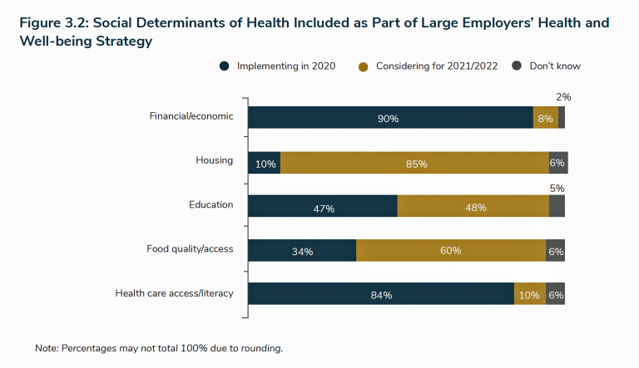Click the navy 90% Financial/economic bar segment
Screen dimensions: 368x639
[x=390, y=118]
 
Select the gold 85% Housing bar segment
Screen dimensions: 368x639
[x=414, y=163]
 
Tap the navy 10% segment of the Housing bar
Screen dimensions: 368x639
[x=264, y=163]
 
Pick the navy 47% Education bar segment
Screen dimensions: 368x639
[x=323, y=207]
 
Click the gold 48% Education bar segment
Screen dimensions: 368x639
[x=473, y=207]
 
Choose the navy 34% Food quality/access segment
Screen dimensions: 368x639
[x=302, y=250]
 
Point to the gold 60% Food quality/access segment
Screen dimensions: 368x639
[x=450, y=250]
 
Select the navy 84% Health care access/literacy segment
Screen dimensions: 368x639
[x=380, y=294]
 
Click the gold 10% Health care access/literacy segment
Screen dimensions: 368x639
[x=530, y=294]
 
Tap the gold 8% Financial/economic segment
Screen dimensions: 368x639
[x=545, y=118]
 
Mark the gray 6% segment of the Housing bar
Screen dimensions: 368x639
[x=557, y=163]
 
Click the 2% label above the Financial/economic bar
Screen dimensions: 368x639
[x=563, y=97]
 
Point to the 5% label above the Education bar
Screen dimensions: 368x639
[x=557, y=189]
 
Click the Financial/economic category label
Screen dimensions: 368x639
[x=191, y=116]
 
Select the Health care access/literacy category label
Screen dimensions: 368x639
[x=174, y=292]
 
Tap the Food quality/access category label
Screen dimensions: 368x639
[x=190, y=248]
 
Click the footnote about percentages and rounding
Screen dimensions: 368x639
[x=159, y=347]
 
